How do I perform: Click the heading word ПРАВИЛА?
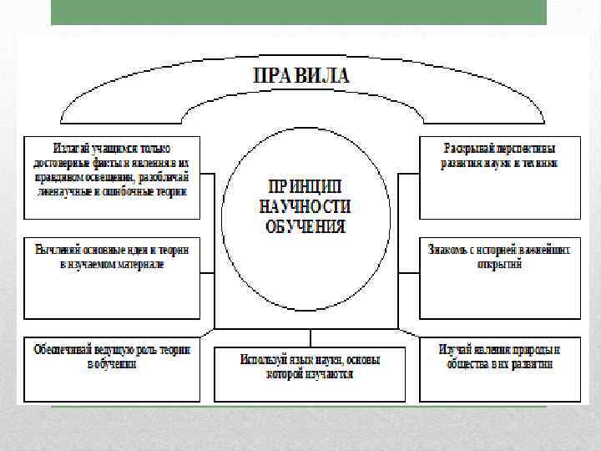coord(301,74)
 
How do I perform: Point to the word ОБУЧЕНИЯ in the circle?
coord(306,225)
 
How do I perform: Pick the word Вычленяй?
coord(59,249)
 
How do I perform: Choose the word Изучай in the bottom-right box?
coord(456,349)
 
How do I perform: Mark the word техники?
coord(539,163)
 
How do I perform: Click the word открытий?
coord(500,263)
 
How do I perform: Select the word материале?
coord(138,263)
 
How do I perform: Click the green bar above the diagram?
coord(299,13)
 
